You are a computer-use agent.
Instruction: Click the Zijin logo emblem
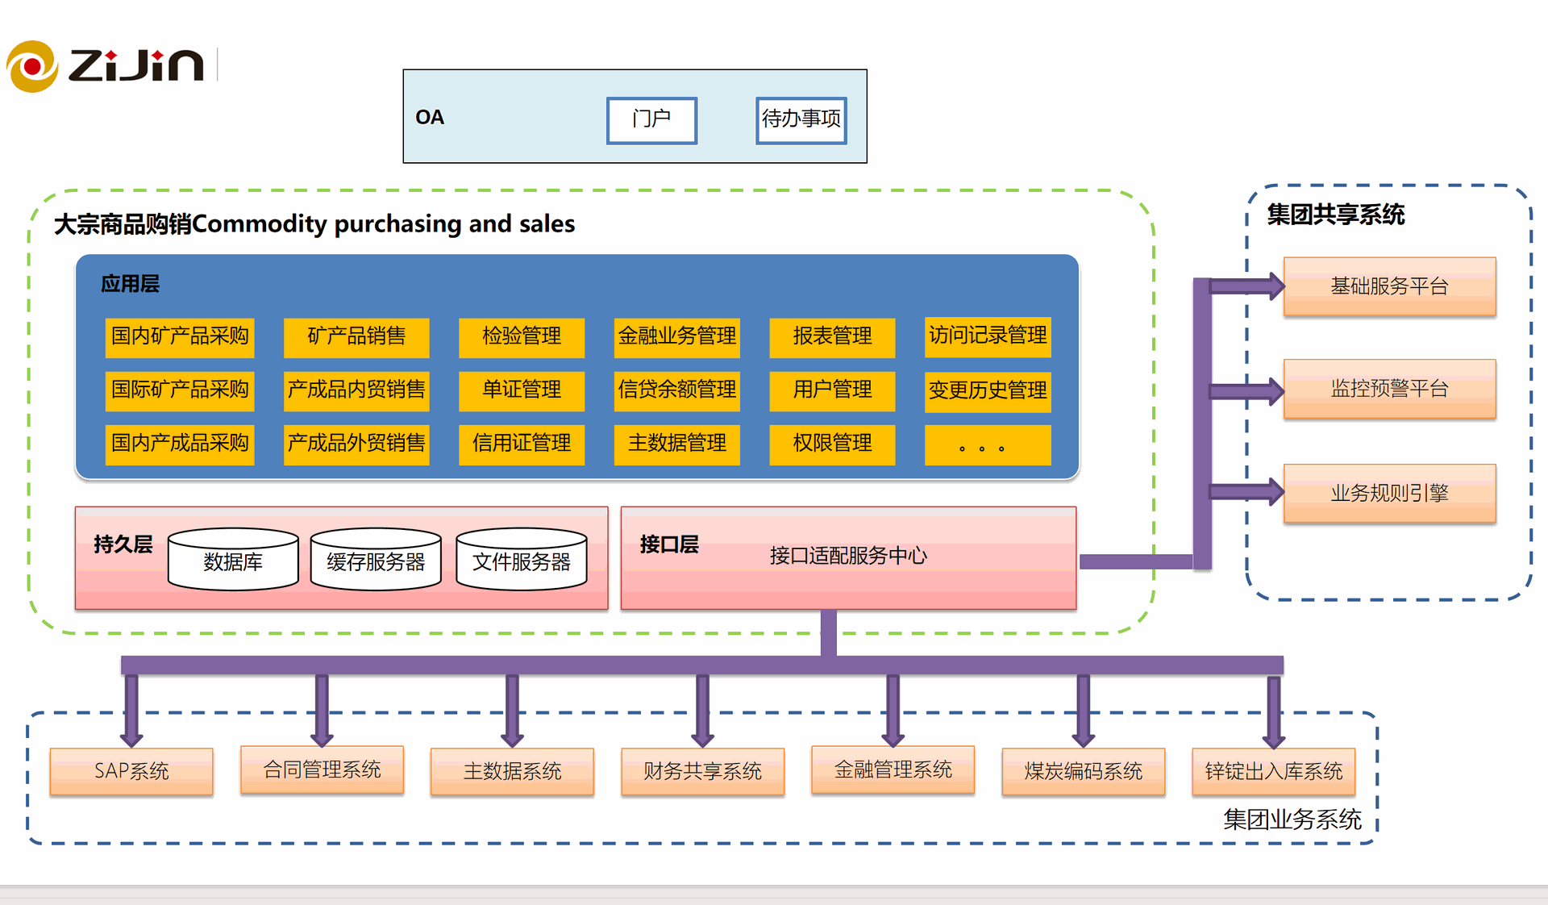tap(32, 66)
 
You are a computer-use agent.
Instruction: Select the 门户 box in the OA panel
tap(651, 120)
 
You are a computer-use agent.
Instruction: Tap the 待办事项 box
tap(801, 120)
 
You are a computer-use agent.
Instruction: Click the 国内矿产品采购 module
tap(180, 336)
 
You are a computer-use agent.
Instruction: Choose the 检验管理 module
tap(522, 336)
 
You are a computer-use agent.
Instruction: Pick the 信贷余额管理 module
tap(676, 390)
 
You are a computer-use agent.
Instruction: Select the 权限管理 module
tap(832, 444)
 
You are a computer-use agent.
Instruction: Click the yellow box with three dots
tap(988, 445)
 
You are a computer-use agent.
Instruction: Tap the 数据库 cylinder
tap(233, 560)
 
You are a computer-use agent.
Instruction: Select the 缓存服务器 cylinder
tap(376, 560)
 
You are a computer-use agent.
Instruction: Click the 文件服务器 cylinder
tap(522, 560)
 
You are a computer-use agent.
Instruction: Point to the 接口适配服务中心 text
tap(848, 556)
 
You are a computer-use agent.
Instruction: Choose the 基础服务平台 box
tap(1389, 286)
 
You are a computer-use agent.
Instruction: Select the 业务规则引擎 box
tap(1389, 493)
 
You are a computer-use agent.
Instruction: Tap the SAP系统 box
tap(131, 771)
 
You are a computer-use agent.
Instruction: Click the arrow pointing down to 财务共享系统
tap(702, 710)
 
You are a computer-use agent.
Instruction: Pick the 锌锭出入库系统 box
tap(1273, 771)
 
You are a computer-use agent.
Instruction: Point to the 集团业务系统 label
tap(1292, 820)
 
